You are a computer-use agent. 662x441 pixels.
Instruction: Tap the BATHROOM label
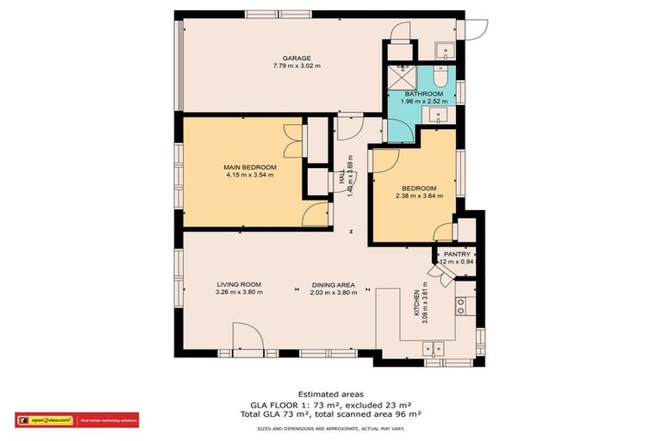pos(423,93)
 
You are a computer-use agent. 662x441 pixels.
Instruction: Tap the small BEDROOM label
pos(419,188)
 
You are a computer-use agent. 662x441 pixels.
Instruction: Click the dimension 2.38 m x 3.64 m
pos(419,196)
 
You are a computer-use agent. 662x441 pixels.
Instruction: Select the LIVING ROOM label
pos(239,284)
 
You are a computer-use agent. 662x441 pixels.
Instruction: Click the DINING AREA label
pos(334,284)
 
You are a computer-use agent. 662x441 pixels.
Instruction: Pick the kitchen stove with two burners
pos(462,304)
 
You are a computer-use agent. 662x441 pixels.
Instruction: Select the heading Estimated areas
pos(330,394)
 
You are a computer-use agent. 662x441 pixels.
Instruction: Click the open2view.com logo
pos(43,420)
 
